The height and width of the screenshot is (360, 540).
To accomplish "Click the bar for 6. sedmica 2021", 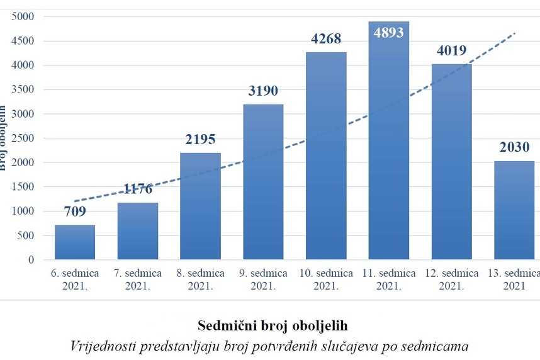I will click(75, 242).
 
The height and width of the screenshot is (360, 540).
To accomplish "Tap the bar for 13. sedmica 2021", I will click(514, 210).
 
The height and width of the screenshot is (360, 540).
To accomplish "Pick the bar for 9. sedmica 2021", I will click(263, 182).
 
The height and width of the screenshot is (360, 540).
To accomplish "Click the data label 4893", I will click(389, 32).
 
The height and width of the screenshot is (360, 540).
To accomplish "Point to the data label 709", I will click(75, 211).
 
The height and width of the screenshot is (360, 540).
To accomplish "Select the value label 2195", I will click(200, 139).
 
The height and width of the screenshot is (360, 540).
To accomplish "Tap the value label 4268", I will click(326, 39).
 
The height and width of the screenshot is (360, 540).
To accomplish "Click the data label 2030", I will click(514, 147).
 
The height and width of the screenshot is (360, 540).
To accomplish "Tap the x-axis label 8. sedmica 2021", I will click(200, 279).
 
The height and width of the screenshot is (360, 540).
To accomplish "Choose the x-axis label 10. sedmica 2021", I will click(326, 279).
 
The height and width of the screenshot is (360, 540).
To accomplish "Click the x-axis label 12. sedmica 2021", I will click(451, 279).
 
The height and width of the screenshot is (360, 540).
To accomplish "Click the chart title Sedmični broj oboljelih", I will click(272, 326).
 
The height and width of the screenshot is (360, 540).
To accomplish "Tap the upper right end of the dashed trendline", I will click(515, 33).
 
